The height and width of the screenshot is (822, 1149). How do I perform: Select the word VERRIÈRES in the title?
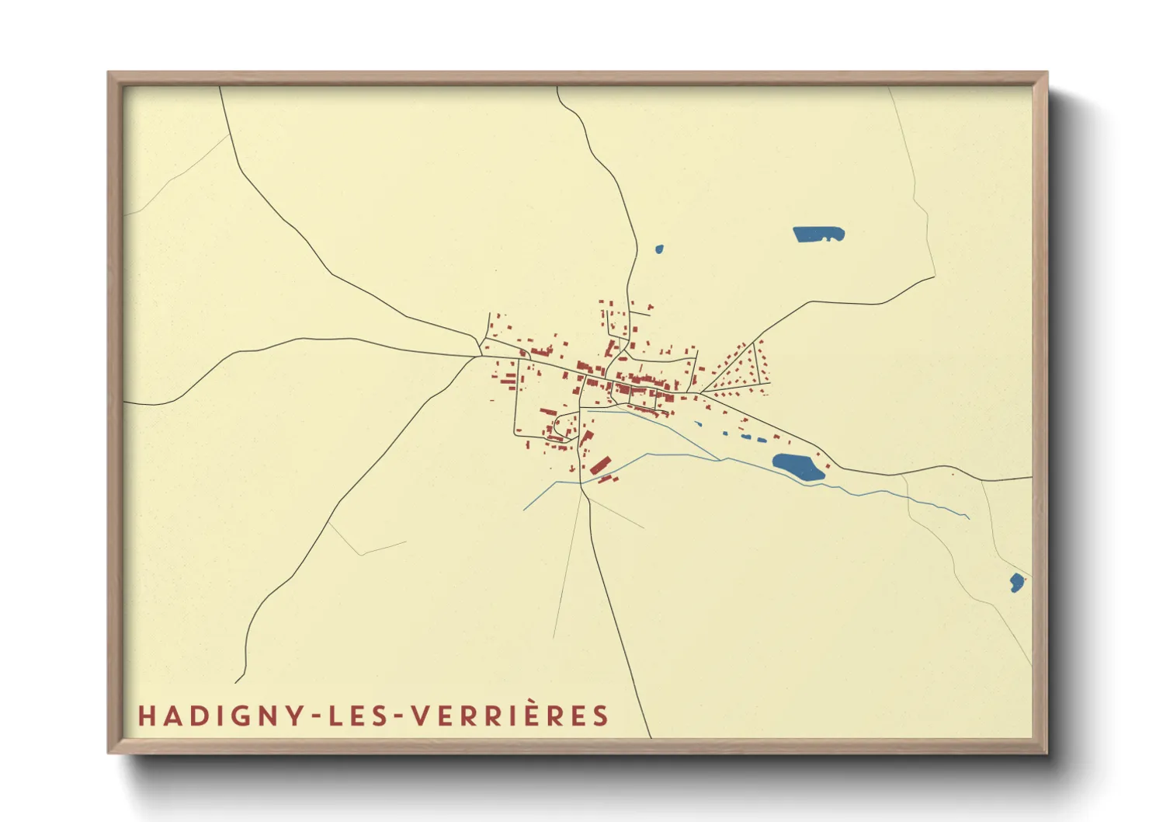pos(509,716)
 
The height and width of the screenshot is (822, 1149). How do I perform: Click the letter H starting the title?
pos(147,716)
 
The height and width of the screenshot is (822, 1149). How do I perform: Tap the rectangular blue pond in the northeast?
pos(817,234)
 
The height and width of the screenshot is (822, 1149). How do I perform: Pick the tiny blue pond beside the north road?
pos(659,249)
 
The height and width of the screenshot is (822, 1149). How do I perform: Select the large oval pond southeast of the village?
pos(797,467)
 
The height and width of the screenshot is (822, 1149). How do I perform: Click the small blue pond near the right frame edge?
pos(1016,582)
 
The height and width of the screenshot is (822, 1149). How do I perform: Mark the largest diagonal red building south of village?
pos(600,465)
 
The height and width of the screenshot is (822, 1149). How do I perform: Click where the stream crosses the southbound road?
pos(581,482)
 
